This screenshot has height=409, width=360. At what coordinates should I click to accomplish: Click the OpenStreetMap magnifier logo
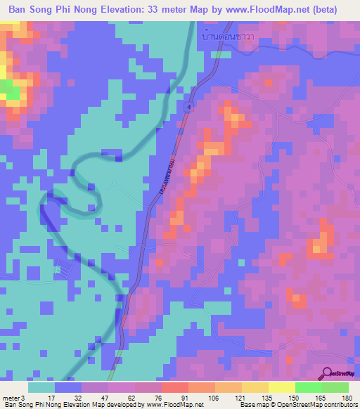(x=327, y=372)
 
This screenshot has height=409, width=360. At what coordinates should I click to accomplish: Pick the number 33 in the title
(x=164, y=10)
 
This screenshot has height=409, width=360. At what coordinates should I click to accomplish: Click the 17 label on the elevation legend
(x=50, y=397)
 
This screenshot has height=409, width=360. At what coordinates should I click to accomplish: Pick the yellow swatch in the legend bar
(x=281, y=387)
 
